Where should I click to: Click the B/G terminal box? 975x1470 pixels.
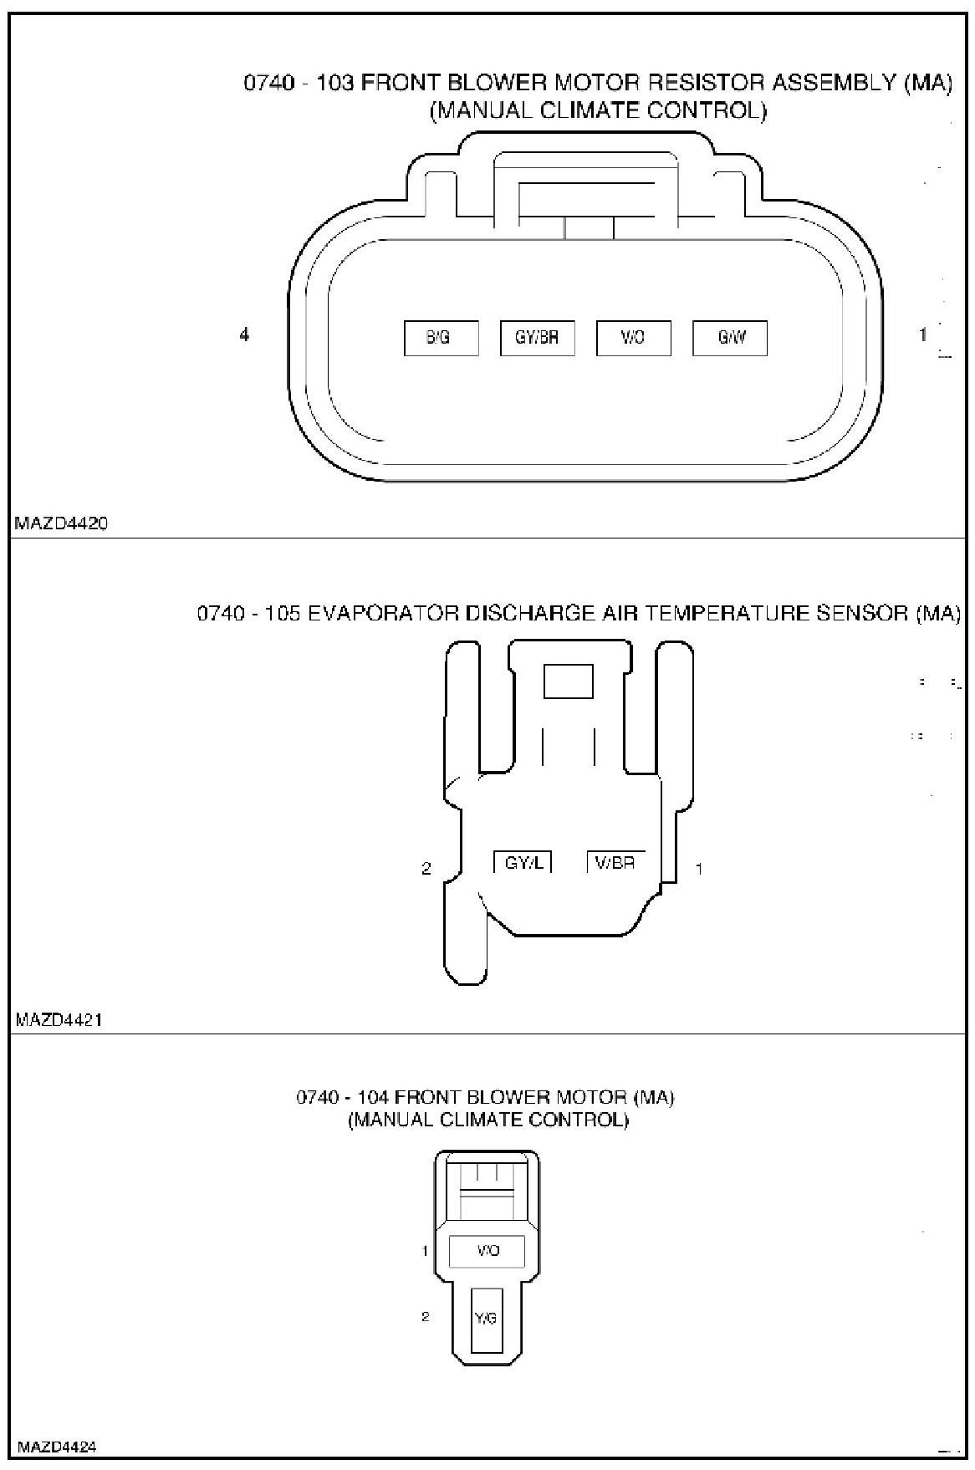point(441,338)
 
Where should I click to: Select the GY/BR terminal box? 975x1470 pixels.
point(537,338)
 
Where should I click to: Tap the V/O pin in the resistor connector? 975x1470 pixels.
point(633,338)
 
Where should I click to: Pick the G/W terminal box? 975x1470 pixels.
point(730,338)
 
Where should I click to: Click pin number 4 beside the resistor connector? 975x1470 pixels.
point(244,334)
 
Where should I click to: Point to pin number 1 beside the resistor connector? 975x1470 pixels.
point(923,334)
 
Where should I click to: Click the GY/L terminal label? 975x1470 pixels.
point(523,862)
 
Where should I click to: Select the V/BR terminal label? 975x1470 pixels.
point(615,862)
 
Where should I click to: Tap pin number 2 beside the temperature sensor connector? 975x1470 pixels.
point(426,869)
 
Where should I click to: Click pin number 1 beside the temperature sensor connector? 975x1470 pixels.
point(699,869)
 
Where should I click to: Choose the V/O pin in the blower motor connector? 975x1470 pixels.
point(487,1251)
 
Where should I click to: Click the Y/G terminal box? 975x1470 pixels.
point(486,1319)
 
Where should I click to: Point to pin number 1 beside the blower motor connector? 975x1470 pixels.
point(426,1251)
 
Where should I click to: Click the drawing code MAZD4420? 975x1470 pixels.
point(61,524)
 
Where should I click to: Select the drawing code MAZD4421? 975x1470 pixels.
point(61,1020)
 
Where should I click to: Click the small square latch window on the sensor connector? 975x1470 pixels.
point(569,681)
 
